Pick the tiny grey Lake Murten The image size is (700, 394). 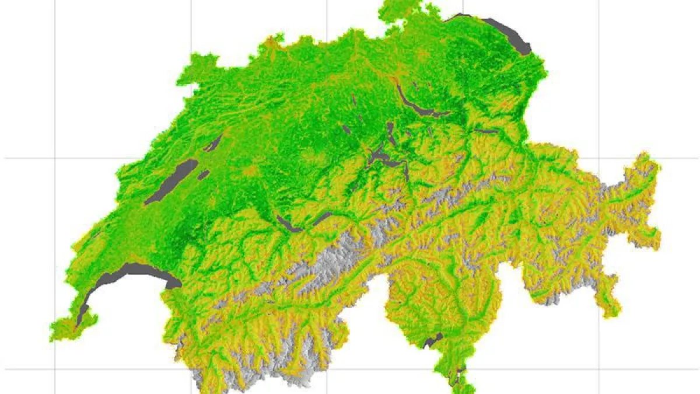[203, 174]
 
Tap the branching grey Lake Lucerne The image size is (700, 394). [379, 156]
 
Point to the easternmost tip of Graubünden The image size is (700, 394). [654, 166]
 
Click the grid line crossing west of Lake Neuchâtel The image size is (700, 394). [55, 158]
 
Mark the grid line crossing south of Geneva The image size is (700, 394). [55, 369]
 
